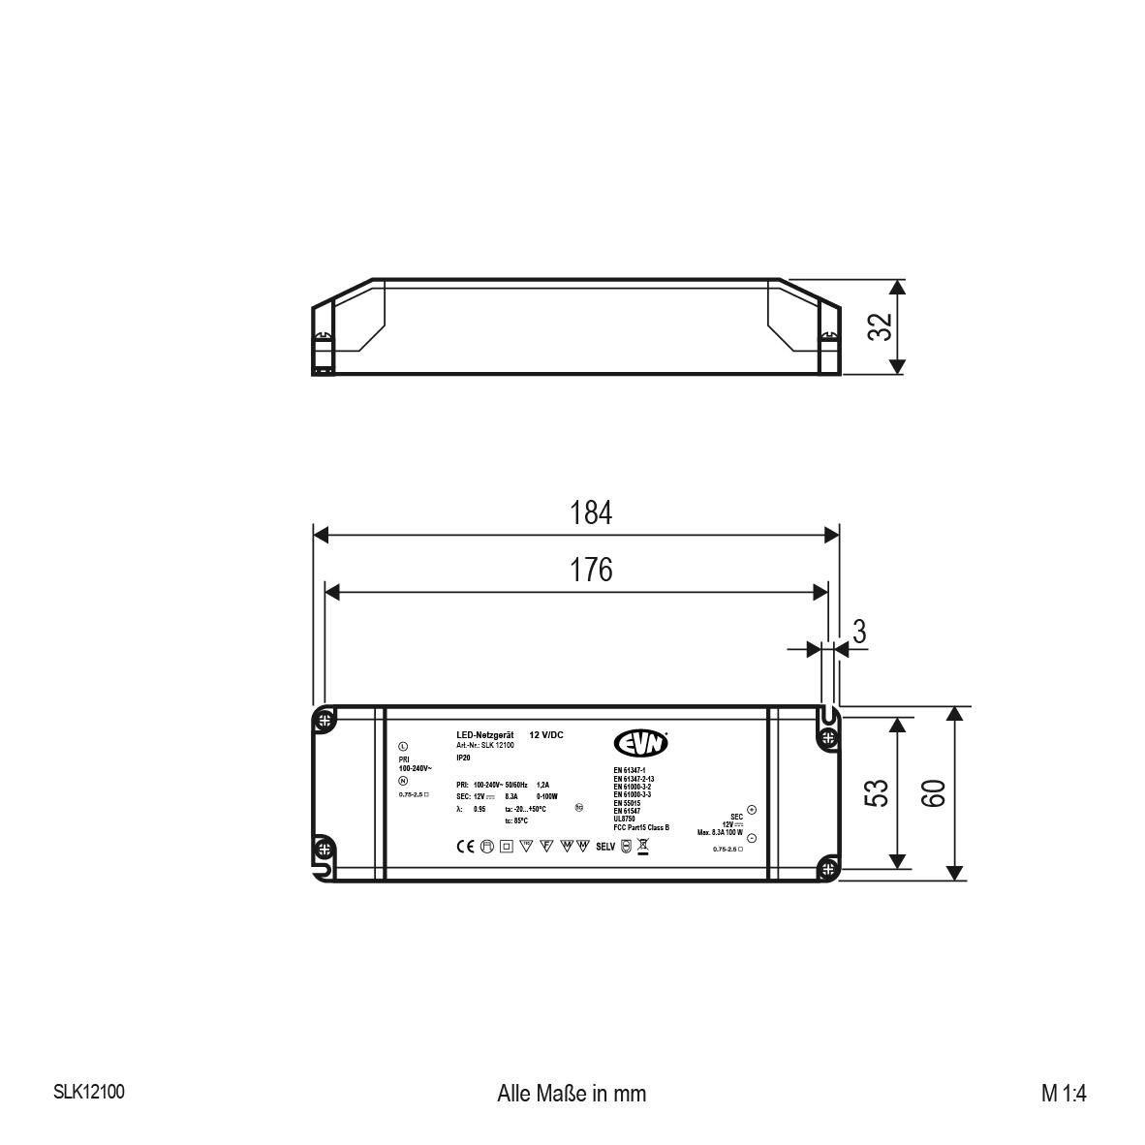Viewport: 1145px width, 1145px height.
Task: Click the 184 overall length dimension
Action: tap(590, 512)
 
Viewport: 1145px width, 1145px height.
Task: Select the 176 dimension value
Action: tap(590, 570)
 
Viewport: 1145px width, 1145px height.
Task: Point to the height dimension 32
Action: tap(879, 326)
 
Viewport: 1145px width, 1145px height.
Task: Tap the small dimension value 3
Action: tap(858, 632)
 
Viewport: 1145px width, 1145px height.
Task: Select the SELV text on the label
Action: tap(605, 847)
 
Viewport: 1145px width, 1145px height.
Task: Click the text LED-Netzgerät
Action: tap(484, 735)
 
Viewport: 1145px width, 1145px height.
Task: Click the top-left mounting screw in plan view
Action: tap(325, 720)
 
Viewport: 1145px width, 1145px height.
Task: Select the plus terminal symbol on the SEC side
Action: tap(752, 810)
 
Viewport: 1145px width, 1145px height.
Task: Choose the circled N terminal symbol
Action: tap(402, 781)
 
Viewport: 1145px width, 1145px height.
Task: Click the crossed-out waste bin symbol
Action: tap(642, 847)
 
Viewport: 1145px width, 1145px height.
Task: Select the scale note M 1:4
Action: tap(1065, 1093)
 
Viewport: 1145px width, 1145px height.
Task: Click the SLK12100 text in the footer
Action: tap(88, 1092)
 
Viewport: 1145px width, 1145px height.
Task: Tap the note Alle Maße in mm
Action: tap(571, 1093)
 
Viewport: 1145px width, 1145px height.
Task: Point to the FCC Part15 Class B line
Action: tap(641, 826)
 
